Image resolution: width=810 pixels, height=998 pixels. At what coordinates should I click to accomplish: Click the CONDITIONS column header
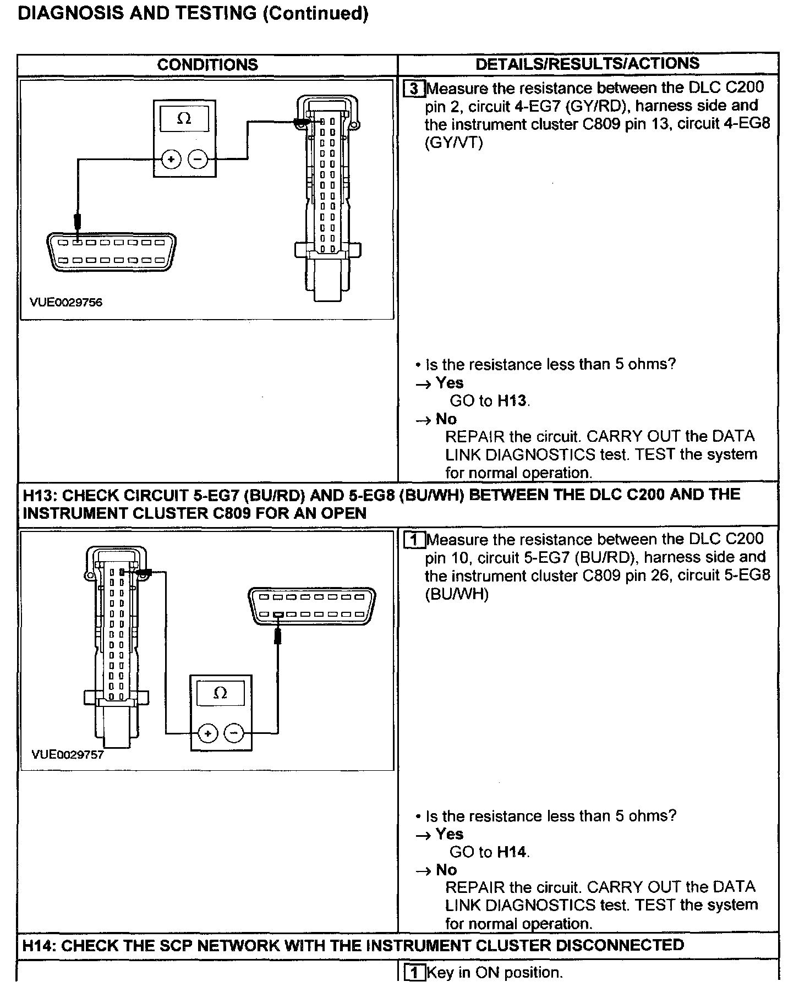pos(207,65)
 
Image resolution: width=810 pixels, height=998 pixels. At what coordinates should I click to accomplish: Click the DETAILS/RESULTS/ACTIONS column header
pos(587,64)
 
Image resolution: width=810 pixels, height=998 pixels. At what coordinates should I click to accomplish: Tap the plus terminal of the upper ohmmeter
pos(171,160)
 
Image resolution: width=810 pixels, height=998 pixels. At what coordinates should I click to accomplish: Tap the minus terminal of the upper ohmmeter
pos(198,160)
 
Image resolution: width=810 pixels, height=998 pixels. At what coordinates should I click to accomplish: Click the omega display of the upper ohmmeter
pos(184,119)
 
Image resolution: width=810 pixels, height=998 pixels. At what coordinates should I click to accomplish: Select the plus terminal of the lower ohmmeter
pos(207,733)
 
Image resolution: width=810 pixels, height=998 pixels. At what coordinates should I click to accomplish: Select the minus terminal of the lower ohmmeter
pos(234,733)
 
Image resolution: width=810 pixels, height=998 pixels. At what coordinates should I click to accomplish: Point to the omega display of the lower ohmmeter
pos(220,693)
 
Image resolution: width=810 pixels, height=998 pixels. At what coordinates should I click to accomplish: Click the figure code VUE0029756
pos(67,303)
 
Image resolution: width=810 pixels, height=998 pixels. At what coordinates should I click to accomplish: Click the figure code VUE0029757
pos(68,755)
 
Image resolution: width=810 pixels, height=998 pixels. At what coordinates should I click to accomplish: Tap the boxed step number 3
pos(414,89)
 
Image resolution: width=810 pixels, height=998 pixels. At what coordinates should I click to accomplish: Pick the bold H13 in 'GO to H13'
pos(512,401)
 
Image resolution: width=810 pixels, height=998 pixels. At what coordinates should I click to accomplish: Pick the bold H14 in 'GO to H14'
pos(512,852)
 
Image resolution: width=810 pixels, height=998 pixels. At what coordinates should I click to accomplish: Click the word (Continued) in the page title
pos(316,13)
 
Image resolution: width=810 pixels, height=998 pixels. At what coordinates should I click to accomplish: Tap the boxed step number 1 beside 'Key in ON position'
pos(414,973)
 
